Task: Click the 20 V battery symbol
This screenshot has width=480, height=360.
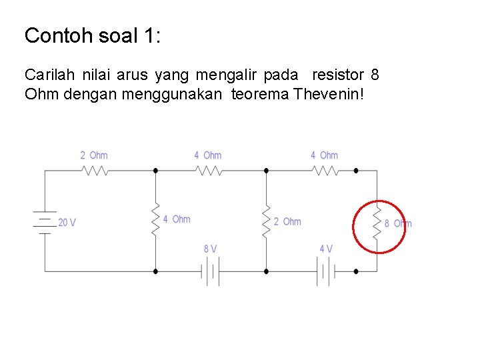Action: (45, 223)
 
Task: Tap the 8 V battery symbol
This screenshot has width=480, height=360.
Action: (211, 271)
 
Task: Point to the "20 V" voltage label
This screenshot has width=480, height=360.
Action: (67, 223)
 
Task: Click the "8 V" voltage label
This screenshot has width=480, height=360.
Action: (210, 249)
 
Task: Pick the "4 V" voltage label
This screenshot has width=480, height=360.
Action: (326, 249)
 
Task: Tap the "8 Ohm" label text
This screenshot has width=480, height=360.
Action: (398, 224)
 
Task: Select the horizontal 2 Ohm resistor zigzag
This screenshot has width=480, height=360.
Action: (95, 171)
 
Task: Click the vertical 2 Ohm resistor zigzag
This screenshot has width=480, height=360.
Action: (266, 220)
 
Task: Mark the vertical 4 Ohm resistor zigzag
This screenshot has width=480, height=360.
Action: (155, 219)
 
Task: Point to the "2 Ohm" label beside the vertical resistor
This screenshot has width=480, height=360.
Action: (287, 221)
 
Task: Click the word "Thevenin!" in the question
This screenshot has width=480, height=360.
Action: (331, 95)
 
